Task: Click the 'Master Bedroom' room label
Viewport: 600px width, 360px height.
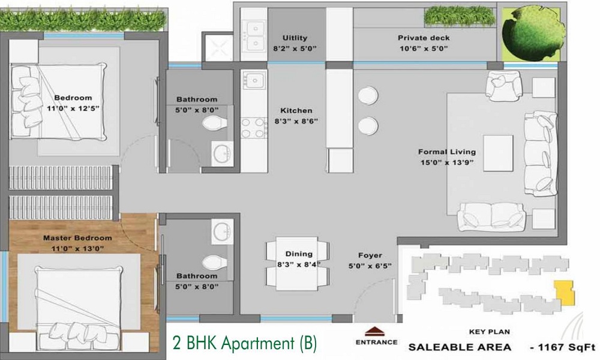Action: click(77, 238)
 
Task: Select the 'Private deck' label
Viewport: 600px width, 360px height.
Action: click(424, 38)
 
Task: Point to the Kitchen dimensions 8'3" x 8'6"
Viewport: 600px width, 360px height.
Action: click(296, 121)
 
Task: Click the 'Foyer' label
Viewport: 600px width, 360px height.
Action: click(367, 254)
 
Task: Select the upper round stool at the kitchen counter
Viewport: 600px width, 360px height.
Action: click(365, 95)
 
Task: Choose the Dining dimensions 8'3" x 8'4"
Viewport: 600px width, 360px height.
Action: click(299, 264)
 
